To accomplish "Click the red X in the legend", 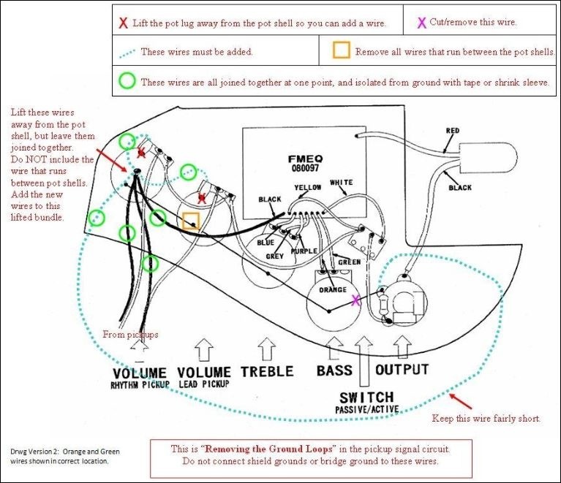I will click(x=123, y=23).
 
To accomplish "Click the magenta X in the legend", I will click(x=421, y=22).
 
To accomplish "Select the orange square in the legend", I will click(x=341, y=51).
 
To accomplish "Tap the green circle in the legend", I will click(x=127, y=81).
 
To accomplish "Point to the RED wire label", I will click(x=453, y=131).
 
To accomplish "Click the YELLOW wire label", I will click(x=308, y=187).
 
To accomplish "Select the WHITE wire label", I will click(x=341, y=182).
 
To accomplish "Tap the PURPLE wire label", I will click(x=304, y=251).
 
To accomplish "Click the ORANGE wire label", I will click(x=334, y=289).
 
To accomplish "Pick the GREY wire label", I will click(x=274, y=256).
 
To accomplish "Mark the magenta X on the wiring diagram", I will click(x=356, y=300).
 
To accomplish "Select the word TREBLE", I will click(x=267, y=372).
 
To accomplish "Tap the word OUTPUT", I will click(x=402, y=370).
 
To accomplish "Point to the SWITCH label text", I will click(x=366, y=398).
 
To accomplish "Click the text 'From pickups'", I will click(x=129, y=335).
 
